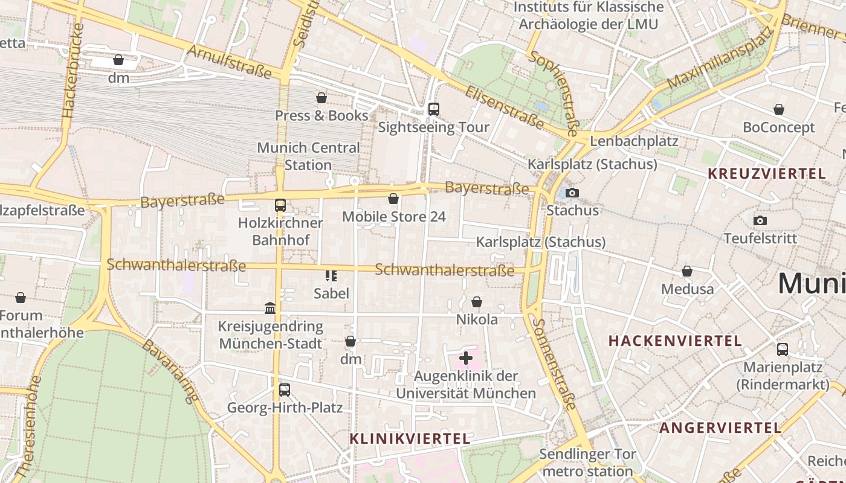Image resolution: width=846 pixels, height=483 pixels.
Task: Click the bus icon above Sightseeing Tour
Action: click(433, 109)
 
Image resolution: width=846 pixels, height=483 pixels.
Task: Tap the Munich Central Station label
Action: click(308, 156)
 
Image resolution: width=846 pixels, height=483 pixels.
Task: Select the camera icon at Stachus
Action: click(572, 193)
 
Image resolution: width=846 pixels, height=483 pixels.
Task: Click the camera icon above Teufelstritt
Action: click(760, 220)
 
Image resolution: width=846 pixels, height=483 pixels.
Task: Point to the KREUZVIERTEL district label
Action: click(766, 174)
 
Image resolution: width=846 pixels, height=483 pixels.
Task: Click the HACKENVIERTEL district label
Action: click(675, 341)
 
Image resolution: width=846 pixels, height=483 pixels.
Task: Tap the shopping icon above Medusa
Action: click(687, 271)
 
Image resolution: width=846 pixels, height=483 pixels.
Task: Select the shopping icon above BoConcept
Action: click(779, 109)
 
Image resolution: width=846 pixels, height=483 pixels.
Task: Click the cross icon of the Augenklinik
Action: click(465, 358)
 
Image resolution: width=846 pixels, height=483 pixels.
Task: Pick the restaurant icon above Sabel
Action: click(331, 276)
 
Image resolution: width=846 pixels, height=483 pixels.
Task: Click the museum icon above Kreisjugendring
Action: click(270, 309)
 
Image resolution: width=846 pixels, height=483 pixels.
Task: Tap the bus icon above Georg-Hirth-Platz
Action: click(285, 389)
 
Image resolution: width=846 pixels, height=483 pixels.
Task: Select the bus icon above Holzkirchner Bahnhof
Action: click(280, 205)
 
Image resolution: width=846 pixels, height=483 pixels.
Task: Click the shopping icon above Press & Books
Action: click(321, 97)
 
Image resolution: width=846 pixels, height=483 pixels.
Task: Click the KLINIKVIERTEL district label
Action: click(410, 439)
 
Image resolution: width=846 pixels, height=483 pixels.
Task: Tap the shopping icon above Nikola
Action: click(477, 301)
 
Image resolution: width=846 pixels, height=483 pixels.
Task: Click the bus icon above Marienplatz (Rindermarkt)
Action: click(782, 349)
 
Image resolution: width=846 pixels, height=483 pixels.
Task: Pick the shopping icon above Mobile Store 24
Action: click(393, 198)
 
